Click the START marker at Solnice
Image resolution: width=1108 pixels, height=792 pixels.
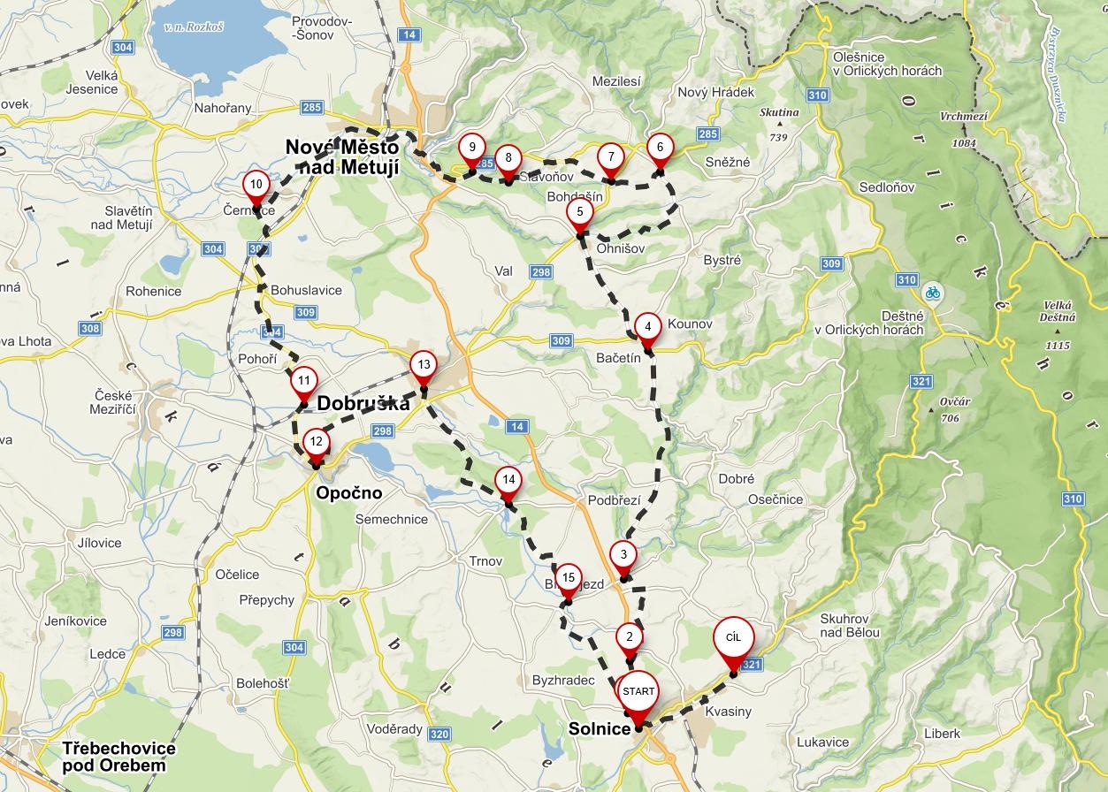coord(638,693)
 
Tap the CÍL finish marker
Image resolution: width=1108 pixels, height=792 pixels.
coord(733,639)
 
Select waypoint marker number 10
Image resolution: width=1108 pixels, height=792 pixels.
coord(256,186)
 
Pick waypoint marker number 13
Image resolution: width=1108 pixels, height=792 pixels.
coord(424,366)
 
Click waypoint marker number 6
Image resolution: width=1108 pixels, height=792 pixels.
coord(660,148)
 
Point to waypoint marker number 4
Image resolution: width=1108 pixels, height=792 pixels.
coord(648,327)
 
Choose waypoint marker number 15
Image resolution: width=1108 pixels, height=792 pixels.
coord(568,580)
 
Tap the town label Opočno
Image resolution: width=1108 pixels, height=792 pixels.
coord(349,493)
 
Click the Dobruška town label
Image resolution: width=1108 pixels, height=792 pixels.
coord(363,404)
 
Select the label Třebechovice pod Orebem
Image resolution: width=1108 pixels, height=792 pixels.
coord(118,757)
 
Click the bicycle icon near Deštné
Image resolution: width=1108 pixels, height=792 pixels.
coord(932,293)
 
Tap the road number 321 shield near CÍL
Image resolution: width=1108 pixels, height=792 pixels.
coord(752,665)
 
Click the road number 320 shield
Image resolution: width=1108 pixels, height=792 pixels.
coord(439,734)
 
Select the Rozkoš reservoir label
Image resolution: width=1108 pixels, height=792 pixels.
coord(194,27)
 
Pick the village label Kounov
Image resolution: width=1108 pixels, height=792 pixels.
coord(690,324)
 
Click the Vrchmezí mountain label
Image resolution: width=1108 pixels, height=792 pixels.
coord(963,116)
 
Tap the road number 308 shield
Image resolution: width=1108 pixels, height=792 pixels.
coord(90,329)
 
